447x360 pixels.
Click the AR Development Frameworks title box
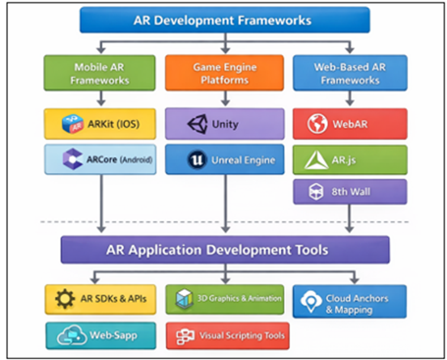point(224,20)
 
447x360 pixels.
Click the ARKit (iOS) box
point(100,124)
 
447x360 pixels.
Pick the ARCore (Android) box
point(100,159)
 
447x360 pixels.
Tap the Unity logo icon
point(198,125)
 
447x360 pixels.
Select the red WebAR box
point(349,125)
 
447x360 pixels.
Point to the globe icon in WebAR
point(317,125)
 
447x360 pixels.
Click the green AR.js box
point(349,160)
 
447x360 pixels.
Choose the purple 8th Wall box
point(349,193)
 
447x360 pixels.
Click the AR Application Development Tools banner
point(224,250)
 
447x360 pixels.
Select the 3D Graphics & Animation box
point(224,299)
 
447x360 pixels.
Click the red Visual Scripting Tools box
point(224,334)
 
